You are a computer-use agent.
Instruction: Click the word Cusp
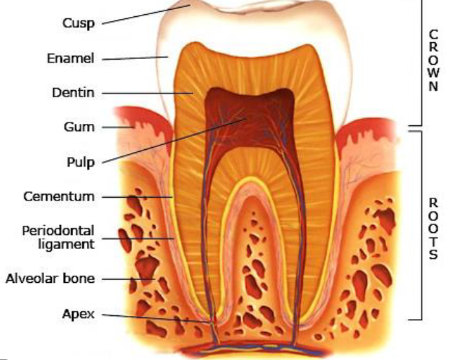click(x=78, y=23)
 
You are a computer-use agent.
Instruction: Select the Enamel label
click(x=71, y=58)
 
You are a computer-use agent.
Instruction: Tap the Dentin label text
click(x=73, y=93)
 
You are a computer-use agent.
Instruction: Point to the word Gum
click(x=79, y=127)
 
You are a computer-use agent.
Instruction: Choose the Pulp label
click(x=81, y=162)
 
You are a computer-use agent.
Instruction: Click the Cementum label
click(x=59, y=197)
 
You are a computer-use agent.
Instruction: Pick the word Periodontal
click(x=58, y=230)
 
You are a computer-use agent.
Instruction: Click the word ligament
click(x=66, y=244)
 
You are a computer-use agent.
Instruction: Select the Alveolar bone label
click(x=50, y=278)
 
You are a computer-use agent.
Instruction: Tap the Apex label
click(x=78, y=314)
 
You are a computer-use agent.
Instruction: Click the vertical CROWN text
click(x=433, y=60)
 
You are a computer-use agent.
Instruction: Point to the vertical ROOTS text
click(x=433, y=228)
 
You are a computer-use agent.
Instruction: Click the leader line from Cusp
click(x=146, y=14)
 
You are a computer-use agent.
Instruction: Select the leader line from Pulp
click(x=174, y=141)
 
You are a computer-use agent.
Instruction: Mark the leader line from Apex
click(x=157, y=318)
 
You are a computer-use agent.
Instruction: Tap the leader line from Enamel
click(x=135, y=58)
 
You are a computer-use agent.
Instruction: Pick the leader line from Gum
click(x=117, y=127)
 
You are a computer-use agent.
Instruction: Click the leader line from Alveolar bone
click(x=128, y=279)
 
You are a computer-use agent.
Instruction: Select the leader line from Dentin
click(x=147, y=93)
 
